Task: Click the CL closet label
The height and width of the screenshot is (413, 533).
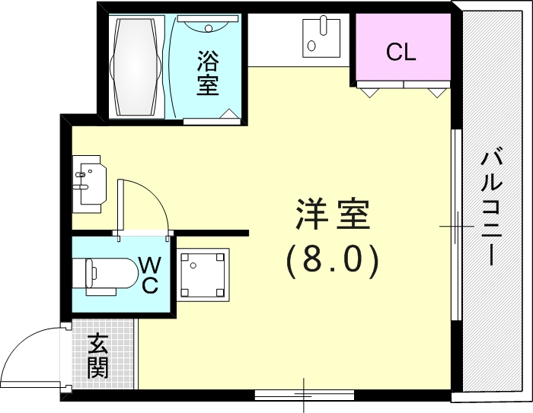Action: click(x=401, y=52)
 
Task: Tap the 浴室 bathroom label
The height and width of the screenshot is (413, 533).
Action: click(x=208, y=73)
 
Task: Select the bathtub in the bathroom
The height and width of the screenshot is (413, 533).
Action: click(x=136, y=67)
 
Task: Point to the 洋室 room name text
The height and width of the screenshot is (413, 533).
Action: click(x=332, y=215)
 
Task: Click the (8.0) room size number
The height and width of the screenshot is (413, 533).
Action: click(x=332, y=261)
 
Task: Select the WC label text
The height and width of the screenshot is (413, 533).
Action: click(x=150, y=275)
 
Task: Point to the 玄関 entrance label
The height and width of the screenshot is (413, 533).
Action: click(x=97, y=356)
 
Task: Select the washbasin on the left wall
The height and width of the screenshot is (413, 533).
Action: click(x=88, y=183)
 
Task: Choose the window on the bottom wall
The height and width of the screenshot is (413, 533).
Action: click(x=305, y=393)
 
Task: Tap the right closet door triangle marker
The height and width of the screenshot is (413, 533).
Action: click(x=436, y=92)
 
